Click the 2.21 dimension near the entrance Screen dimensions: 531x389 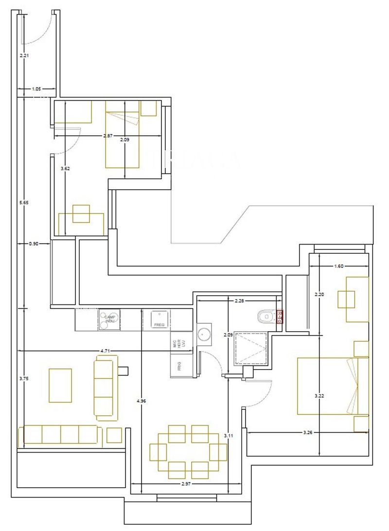[24, 55]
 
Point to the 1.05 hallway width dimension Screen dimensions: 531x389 [36, 89]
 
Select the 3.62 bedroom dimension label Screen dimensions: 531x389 [65, 169]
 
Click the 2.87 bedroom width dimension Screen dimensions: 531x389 [108, 136]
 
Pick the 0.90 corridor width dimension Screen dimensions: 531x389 [33, 243]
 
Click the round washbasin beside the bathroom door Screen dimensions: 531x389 [204, 335]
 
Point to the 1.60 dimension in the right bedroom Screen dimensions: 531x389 [339, 266]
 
